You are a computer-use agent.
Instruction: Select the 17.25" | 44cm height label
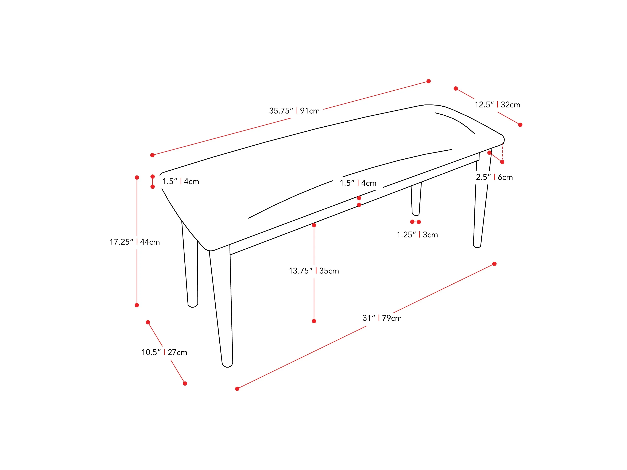pos(135,242)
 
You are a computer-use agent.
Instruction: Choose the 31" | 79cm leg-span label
pos(382,318)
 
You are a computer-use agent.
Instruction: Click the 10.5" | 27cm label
pos(164,352)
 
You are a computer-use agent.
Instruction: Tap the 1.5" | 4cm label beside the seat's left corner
pos(181,181)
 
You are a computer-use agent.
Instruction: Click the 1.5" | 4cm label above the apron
pos(358,183)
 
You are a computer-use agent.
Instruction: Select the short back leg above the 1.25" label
pos(416,199)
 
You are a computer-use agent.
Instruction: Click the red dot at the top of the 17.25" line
pos(137,178)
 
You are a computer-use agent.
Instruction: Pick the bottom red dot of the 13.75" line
pos(314,321)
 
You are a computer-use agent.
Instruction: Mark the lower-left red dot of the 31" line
pos(237,389)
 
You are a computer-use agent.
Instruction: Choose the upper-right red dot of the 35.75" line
pos(429,81)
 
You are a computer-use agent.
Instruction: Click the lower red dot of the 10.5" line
pos(185,384)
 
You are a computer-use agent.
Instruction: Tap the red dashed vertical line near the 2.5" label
pos(502,152)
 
